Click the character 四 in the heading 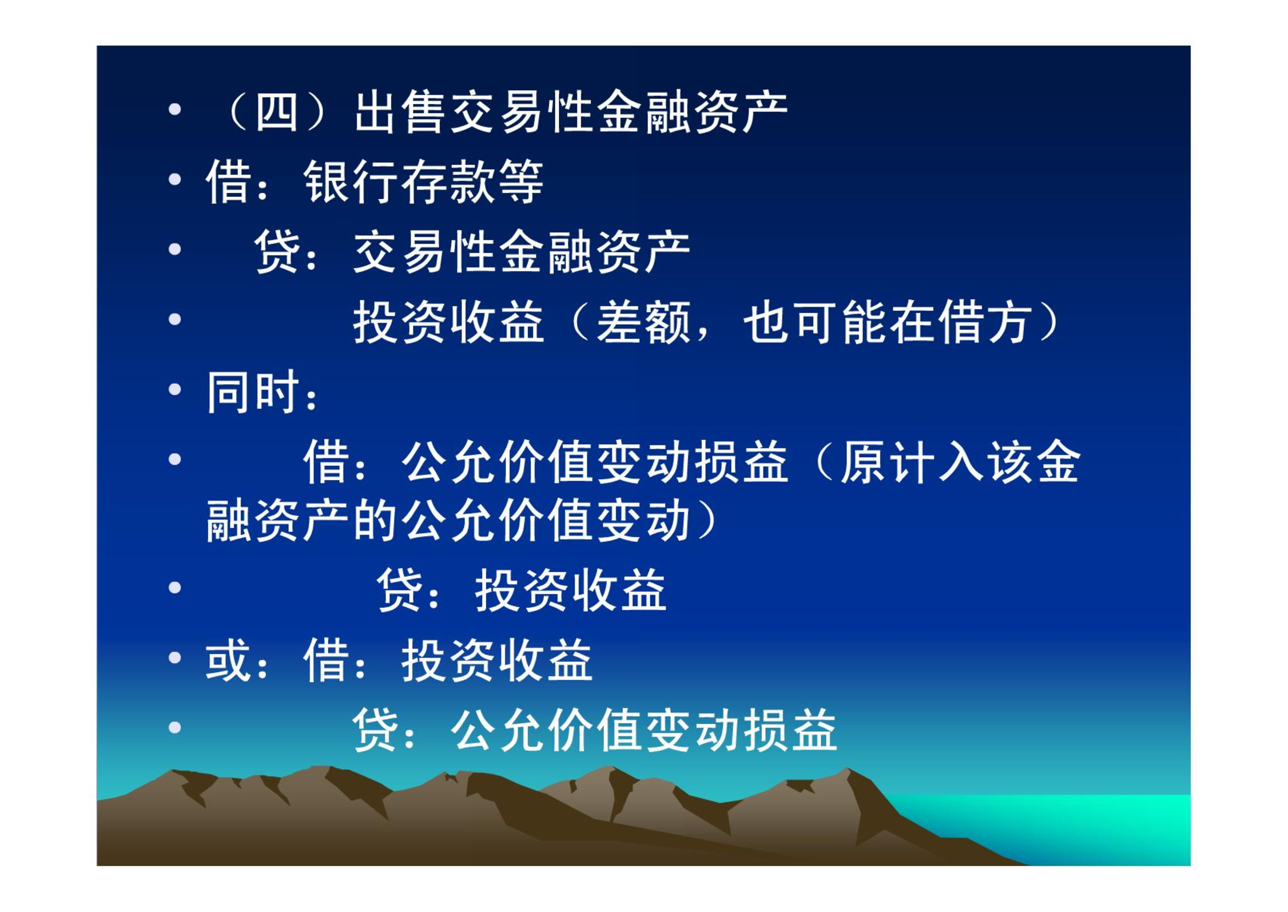pyautogui.click(x=276, y=112)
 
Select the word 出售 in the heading pyautogui.click(x=400, y=112)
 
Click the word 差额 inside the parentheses pyautogui.click(x=643, y=322)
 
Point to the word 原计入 pyautogui.click(x=913, y=462)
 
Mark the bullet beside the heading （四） pyautogui.click(x=175, y=109)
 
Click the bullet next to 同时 pyautogui.click(x=175, y=390)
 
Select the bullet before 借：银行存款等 pyautogui.click(x=175, y=179)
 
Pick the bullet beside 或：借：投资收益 pyautogui.click(x=175, y=657)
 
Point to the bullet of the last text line pyautogui.click(x=175, y=727)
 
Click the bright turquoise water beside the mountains pyautogui.click(x=1087, y=824)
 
